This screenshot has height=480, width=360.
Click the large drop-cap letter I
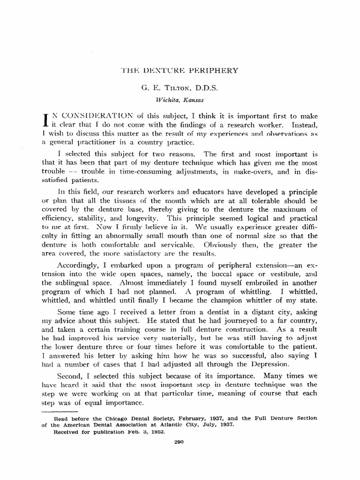[x=46, y=120]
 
